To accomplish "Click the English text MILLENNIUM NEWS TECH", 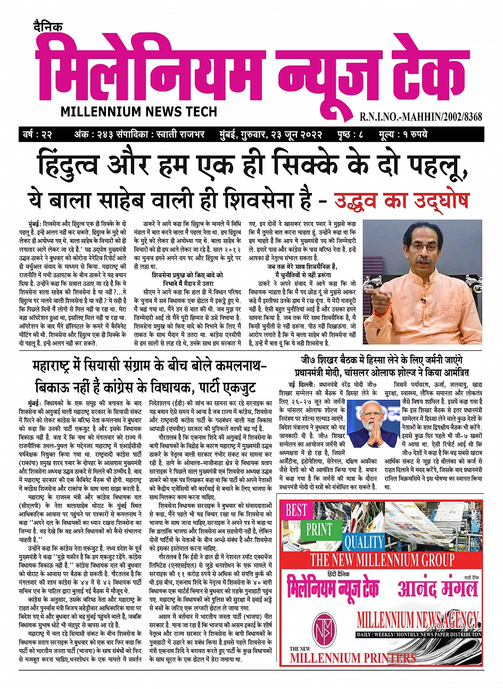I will tap(139, 111).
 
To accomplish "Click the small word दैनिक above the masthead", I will tap(47, 27).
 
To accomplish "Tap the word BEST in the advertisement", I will tap(296, 510).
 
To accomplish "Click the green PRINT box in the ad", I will tap(319, 530).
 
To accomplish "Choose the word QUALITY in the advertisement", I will tap(364, 542).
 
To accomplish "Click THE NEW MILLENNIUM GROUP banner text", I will tap(382, 560).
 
